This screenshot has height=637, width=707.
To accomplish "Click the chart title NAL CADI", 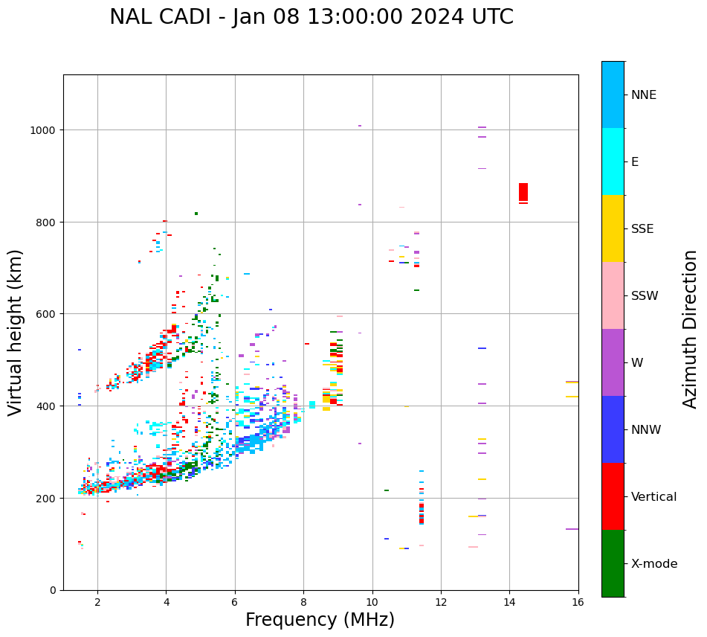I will pyautogui.click(x=311, y=17).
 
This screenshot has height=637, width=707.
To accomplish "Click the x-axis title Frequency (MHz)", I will pyautogui.click(x=320, y=620).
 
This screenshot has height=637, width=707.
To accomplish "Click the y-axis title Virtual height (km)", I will pyautogui.click(x=16, y=332).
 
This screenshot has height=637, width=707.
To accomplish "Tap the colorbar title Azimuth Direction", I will pyautogui.click(x=690, y=328).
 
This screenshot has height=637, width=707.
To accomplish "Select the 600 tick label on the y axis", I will pyautogui.click(x=48, y=314).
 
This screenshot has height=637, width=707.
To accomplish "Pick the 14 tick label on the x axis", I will pyautogui.click(x=509, y=602).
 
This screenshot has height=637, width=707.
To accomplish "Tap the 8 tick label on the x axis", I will pyautogui.click(x=303, y=602).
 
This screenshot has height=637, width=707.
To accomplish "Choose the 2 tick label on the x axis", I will pyautogui.click(x=97, y=602).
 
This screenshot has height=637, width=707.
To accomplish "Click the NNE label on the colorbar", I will pyautogui.click(x=644, y=95).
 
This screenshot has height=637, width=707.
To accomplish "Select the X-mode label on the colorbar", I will pyautogui.click(x=654, y=564).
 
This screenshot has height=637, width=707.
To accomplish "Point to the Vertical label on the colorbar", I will pyautogui.click(x=653, y=497).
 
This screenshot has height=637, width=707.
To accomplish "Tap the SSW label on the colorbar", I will pyautogui.click(x=645, y=296).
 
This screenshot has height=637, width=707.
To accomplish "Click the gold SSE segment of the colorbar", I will pyautogui.click(x=613, y=228).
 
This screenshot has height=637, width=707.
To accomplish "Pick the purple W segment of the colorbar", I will pyautogui.click(x=613, y=362).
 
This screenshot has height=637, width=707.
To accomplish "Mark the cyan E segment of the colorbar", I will pyautogui.click(x=613, y=161).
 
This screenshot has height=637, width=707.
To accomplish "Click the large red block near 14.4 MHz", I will pyautogui.click(x=523, y=192).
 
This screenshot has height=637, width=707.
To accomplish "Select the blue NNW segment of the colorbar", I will pyautogui.click(x=613, y=429).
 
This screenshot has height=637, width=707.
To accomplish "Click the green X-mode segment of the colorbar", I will pyautogui.click(x=613, y=563).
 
